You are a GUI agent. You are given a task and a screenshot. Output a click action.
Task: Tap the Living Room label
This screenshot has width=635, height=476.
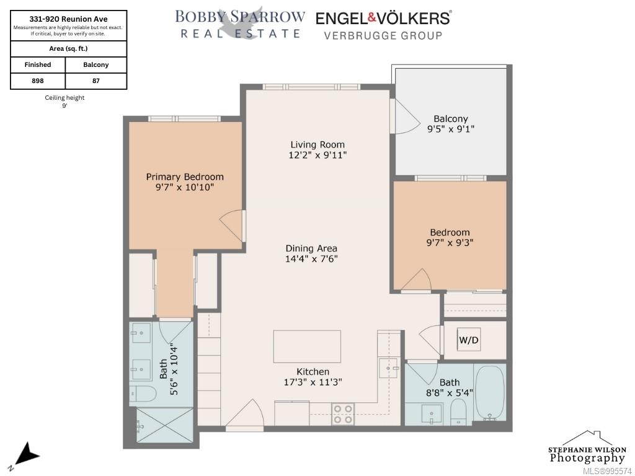317,144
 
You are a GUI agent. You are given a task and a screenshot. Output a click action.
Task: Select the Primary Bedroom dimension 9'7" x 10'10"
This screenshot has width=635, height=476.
184,187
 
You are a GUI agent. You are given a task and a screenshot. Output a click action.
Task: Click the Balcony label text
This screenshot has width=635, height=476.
451,118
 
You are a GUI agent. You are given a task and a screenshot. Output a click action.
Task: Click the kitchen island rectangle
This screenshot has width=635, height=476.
307,346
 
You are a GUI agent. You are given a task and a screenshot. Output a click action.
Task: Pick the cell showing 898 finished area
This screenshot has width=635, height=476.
38,81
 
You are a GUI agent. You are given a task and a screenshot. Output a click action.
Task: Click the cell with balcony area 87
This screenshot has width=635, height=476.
96,81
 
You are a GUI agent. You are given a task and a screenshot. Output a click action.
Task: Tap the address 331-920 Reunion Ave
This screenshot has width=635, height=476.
68,19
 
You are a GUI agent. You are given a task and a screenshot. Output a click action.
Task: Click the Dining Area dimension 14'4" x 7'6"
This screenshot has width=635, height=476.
311,258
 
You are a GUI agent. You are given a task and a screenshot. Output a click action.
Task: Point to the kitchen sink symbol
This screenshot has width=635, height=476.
388,368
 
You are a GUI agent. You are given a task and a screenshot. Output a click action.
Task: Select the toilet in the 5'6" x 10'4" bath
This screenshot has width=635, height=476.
143,394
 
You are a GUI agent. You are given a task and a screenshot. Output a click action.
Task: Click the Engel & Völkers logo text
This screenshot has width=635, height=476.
383,18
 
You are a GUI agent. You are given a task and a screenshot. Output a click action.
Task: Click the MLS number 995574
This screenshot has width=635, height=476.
608,471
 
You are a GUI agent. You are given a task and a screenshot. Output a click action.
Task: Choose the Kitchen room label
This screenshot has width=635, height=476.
313,372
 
